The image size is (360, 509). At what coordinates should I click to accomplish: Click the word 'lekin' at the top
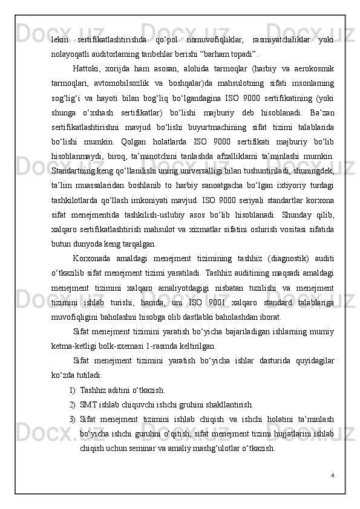(60, 39)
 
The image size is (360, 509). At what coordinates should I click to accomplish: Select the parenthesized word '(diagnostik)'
(278, 256)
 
